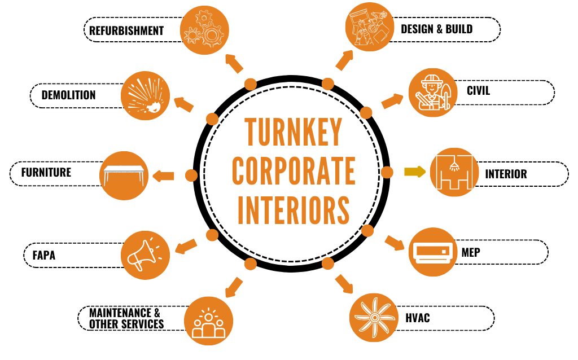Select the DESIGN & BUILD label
pyautogui.click(x=436, y=29)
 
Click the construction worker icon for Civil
pyautogui.click(x=432, y=93)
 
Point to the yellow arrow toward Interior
pyautogui.click(x=415, y=172)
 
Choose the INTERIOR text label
pyautogui.click(x=506, y=174)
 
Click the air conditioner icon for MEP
pyautogui.click(x=432, y=252)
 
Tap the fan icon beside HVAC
pyautogui.click(x=374, y=317)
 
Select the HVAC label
pyautogui.click(x=417, y=318)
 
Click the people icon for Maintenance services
pyautogui.click(x=208, y=321)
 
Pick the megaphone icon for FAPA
pyautogui.click(x=146, y=254)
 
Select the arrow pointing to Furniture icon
pyautogui.click(x=164, y=175)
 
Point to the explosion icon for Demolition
pyautogui.click(x=146, y=95)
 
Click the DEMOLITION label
pyautogui.click(x=68, y=95)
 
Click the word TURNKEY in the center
pyautogui.click(x=294, y=132)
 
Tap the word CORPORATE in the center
pyautogui.click(x=294, y=171)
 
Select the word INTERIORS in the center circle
pyautogui.click(x=294, y=210)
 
